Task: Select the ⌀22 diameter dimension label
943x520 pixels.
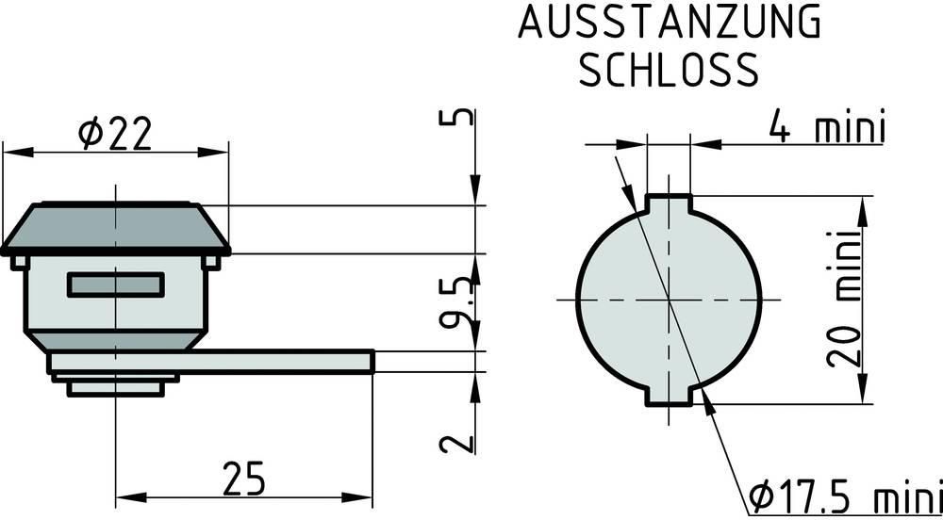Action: tap(114, 134)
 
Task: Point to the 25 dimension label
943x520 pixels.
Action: tap(243, 479)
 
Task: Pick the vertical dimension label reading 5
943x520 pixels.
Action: tap(456, 117)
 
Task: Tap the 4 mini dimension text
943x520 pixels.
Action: tap(827, 127)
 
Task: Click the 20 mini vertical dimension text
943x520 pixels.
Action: tap(844, 299)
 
